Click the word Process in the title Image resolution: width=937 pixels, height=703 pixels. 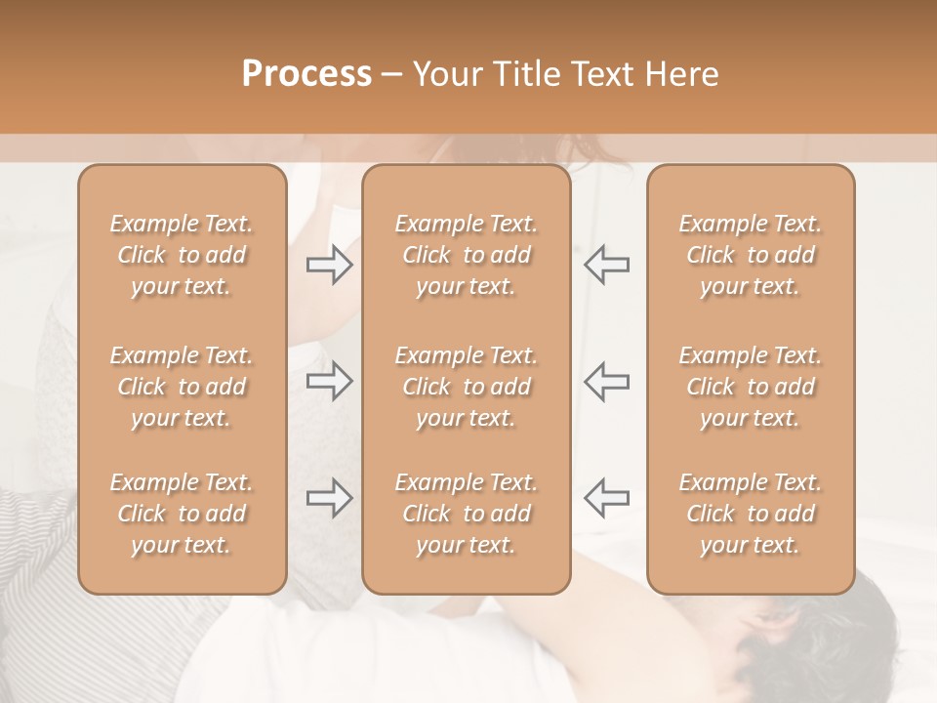[x=306, y=74]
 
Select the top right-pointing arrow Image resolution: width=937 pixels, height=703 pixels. [x=329, y=265]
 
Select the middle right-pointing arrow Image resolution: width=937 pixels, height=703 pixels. [x=329, y=381]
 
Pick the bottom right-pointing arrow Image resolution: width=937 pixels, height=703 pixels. [x=329, y=498]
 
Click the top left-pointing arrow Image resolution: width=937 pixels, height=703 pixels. [x=606, y=265]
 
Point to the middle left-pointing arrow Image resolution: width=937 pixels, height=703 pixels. [x=606, y=381]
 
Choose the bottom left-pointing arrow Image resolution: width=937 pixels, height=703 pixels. [x=606, y=498]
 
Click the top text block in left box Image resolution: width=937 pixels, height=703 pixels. [x=182, y=255]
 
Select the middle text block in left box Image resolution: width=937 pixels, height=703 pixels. [x=182, y=387]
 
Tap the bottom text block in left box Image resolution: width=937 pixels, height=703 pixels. [x=182, y=514]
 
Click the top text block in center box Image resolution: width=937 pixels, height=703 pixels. [x=467, y=255]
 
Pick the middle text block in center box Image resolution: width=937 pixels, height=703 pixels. [x=467, y=387]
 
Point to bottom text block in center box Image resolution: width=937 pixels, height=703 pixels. [x=467, y=514]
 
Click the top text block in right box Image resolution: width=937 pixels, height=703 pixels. [x=751, y=255]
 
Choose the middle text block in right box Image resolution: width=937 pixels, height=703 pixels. [x=751, y=387]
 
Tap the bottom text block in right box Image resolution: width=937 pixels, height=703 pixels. [x=751, y=514]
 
